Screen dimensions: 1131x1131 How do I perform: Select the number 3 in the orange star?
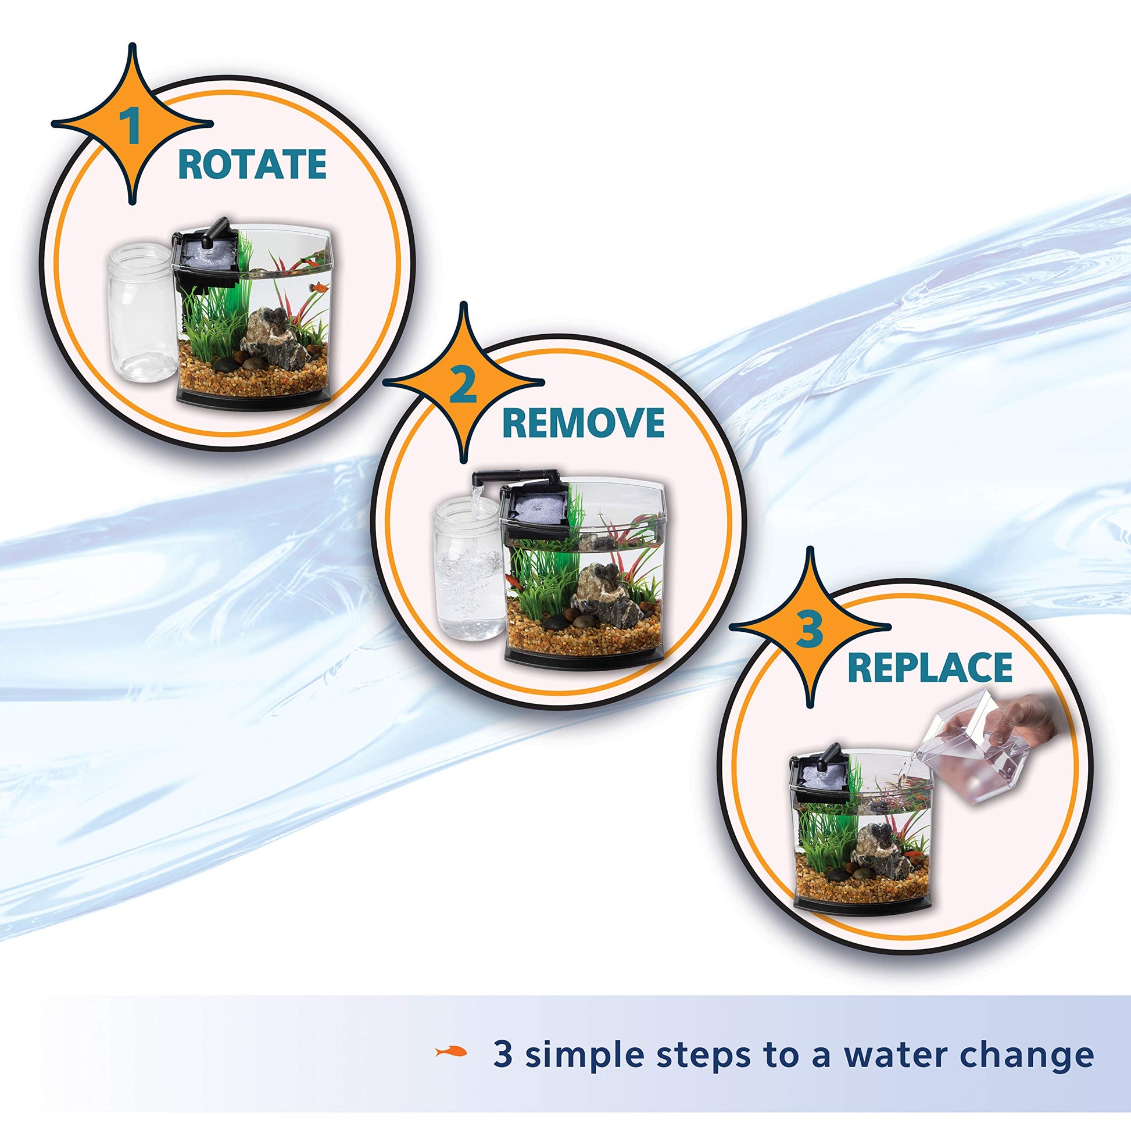(810, 629)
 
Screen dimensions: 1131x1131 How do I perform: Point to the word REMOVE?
(583, 423)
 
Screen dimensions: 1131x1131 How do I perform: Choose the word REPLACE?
(930, 668)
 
